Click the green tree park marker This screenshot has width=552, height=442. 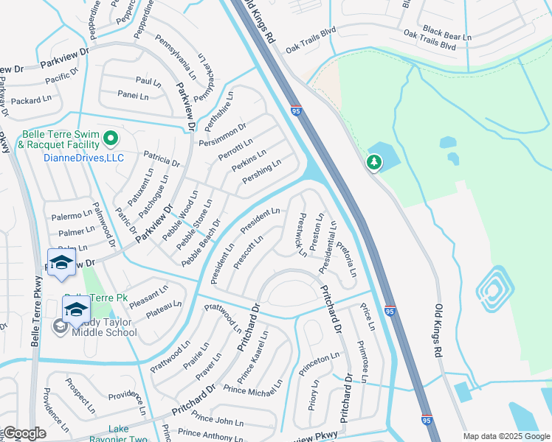(374, 162)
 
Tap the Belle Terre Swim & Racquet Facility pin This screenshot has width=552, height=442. (110, 138)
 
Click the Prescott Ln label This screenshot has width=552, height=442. (249, 253)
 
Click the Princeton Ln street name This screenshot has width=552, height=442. (319, 364)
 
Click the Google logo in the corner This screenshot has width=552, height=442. (24, 433)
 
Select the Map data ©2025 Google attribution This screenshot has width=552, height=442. (506, 436)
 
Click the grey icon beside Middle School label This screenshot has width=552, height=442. (59, 325)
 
